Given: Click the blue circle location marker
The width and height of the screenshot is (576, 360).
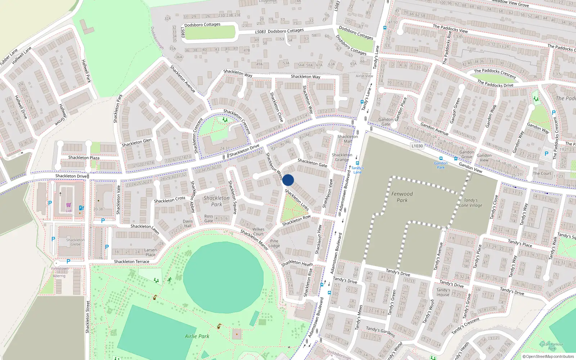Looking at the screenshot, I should pos(288,180).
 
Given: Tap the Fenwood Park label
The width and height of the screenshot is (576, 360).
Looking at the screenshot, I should pos(402,197).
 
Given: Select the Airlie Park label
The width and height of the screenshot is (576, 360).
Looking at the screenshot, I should pos(197,336).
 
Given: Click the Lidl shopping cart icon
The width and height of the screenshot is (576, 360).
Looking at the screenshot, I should pos(68,205).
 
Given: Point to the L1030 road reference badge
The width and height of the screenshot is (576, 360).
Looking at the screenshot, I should pos(417,146).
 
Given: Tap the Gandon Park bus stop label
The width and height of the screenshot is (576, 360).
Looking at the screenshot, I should pos(441,165).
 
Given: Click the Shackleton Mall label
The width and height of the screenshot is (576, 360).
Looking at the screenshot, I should pos(347,139).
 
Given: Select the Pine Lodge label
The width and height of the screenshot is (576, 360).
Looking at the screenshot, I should pos(274,243).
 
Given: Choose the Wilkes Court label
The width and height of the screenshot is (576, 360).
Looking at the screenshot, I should pos(258,231).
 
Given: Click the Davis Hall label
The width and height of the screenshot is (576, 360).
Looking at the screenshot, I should pos(188,224).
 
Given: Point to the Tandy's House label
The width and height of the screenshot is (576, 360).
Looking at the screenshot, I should pos(443,292).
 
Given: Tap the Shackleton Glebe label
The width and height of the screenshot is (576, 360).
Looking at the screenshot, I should pos(76,242).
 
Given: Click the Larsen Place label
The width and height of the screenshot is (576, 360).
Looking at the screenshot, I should pos(150,252).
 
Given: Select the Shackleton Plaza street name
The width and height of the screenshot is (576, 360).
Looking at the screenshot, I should pos(84,158).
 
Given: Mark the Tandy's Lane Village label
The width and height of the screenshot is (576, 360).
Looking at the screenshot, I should pos(471,203).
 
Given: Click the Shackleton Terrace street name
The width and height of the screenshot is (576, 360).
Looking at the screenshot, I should pos(131,262).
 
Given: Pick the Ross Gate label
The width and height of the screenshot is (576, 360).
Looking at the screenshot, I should pos(208,219).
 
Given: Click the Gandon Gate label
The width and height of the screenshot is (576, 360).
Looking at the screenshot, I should pos(386,122).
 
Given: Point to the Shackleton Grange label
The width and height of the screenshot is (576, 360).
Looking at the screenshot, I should pos(342,157).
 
